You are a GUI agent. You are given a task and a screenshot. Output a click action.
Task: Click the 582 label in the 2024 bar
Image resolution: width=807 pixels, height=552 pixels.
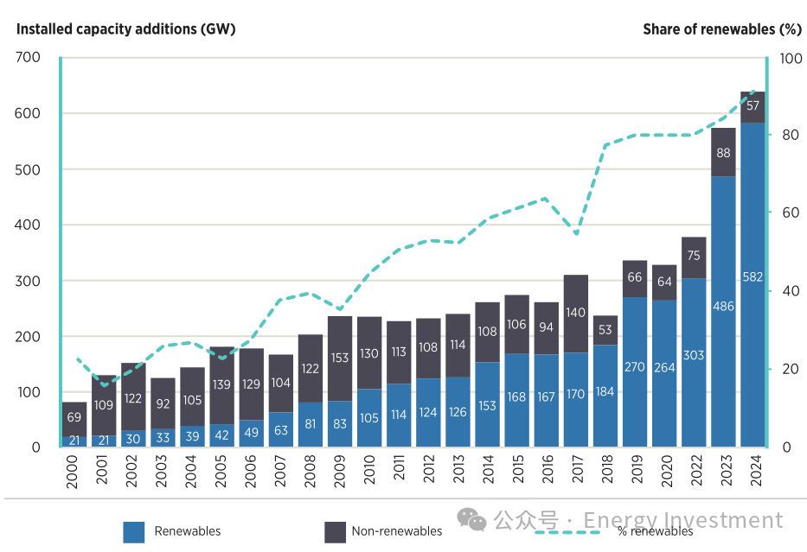(x=753, y=276)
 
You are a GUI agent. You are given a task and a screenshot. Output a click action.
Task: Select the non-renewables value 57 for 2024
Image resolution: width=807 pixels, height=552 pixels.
(x=753, y=106)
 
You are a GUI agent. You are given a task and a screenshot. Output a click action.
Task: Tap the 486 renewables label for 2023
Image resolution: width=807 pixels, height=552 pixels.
(x=723, y=306)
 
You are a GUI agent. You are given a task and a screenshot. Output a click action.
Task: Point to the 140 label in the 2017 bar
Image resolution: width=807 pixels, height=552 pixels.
(x=576, y=314)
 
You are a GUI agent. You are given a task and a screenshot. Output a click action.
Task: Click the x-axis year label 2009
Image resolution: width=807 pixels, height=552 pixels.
(x=340, y=473)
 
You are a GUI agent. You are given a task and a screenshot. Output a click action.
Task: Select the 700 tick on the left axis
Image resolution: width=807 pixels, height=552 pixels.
(x=28, y=58)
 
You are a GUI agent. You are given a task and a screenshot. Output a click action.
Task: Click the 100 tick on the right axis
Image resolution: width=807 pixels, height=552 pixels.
(x=789, y=58)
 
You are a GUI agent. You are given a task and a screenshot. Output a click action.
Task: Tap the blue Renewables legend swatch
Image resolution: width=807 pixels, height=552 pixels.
(x=134, y=531)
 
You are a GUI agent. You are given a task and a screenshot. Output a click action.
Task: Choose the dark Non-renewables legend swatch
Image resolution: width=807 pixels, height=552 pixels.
(x=335, y=531)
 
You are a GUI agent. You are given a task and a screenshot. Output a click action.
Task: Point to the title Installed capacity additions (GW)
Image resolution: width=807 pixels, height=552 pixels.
(x=126, y=29)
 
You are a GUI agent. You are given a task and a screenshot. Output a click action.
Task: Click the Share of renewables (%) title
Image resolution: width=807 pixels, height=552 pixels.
(x=721, y=29)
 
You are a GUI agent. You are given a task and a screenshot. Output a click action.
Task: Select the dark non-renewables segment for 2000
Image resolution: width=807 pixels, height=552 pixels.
(x=74, y=417)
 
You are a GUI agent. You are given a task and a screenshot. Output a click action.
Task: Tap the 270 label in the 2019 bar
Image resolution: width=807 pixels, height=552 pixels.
(x=635, y=366)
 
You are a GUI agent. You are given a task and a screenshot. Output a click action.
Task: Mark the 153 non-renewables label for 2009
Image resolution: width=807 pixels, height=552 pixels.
(x=340, y=358)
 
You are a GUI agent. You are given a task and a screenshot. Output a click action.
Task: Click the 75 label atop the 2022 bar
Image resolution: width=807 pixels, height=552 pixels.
(x=694, y=256)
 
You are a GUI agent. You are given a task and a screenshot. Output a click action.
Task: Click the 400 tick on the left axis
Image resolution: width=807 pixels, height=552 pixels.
(x=28, y=225)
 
